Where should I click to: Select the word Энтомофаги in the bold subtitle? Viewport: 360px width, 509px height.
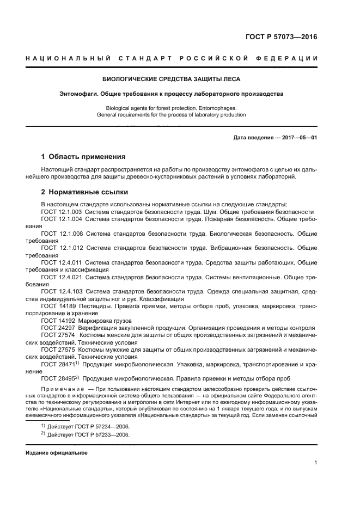coord(78,94)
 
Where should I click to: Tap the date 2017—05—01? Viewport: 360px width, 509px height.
coord(298,138)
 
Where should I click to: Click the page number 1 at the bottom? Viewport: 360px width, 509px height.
coord(315,463)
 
